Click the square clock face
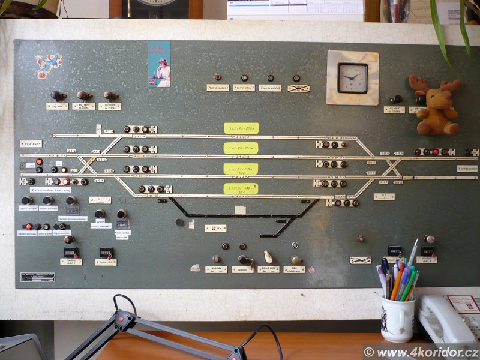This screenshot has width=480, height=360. pyautogui.click(x=352, y=78)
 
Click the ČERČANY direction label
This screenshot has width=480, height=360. pyautogui.click(x=31, y=144)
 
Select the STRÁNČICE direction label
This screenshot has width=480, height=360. pyautogui.click(x=467, y=169)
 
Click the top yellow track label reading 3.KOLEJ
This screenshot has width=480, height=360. pyautogui.click(x=241, y=128)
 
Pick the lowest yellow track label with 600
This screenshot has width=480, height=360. pyautogui.click(x=241, y=188)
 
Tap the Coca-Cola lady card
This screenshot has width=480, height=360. pyautogui.click(x=159, y=64)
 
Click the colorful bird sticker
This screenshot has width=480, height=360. pyautogui.click(x=48, y=65)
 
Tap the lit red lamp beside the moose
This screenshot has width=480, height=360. pyautogui.click(x=436, y=152)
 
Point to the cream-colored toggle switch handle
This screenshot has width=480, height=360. pyautogui.click(x=268, y=257)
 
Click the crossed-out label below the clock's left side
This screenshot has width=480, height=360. pyautogui.click(x=298, y=88)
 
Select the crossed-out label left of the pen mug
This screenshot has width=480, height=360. pyautogui.click(x=360, y=260)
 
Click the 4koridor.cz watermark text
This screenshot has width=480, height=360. pyautogui.click(x=421, y=352)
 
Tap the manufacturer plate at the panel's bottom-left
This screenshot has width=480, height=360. pyautogui.click(x=37, y=277)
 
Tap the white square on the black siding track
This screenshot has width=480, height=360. pyautogui.click(x=240, y=210)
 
